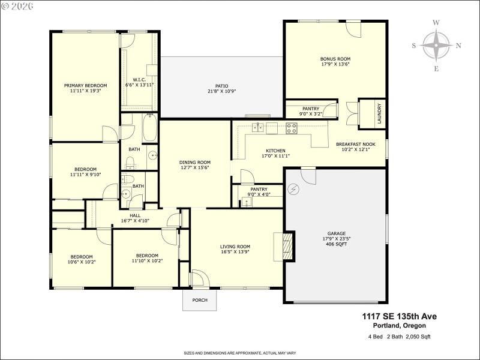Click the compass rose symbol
coord(436,46)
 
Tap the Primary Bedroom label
coord(85,86)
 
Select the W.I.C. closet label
coord(139,80)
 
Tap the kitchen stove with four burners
coord(292,128)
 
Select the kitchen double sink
coord(259,127)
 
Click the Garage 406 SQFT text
coord(336,245)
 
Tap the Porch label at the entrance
coord(199,300)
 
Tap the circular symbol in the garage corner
coord(293,190)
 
